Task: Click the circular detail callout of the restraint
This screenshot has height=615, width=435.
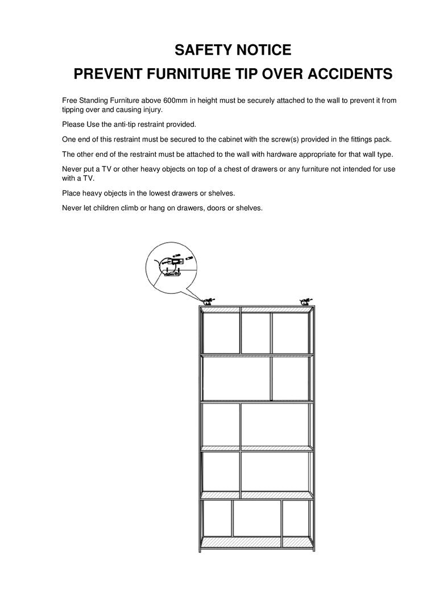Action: point(170,268)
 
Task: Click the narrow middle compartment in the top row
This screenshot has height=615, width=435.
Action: point(255,333)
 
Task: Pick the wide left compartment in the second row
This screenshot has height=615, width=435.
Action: point(236,378)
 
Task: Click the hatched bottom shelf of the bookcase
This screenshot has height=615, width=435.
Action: point(257,543)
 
